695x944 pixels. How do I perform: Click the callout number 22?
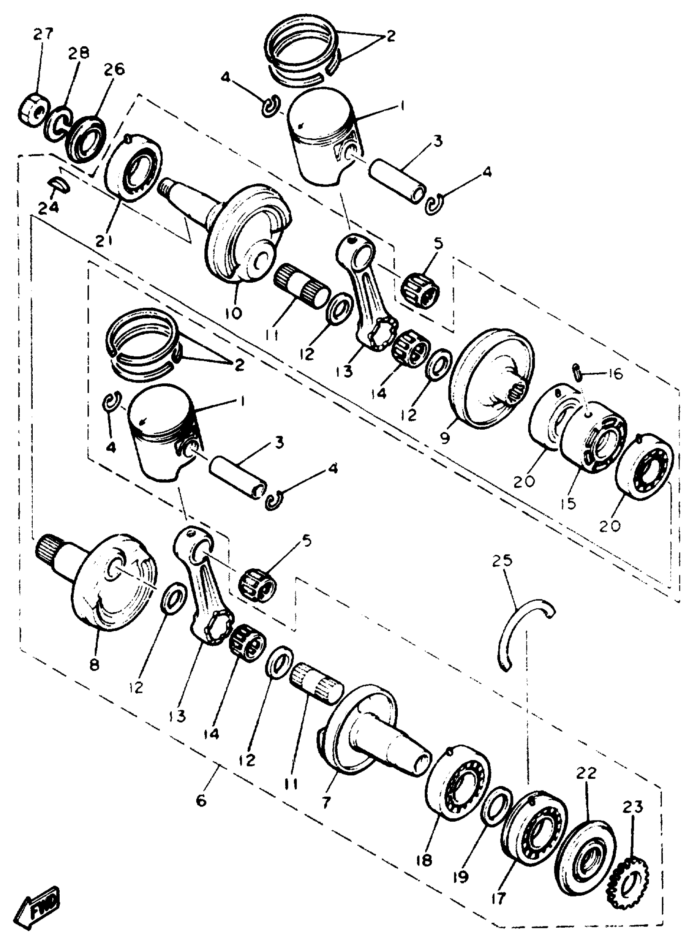[x=587, y=773]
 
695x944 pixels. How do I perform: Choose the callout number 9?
[x=445, y=438]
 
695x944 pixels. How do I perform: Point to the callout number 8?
[x=94, y=665]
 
